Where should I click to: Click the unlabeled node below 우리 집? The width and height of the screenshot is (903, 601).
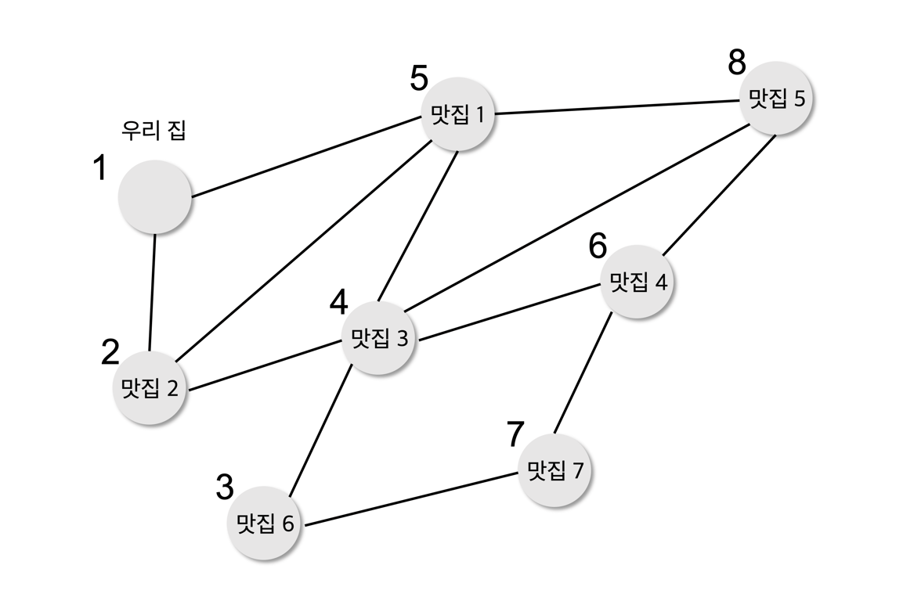coord(155,196)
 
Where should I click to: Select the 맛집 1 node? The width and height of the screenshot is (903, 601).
coord(459,114)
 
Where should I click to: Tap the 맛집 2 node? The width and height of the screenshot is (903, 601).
coord(150,387)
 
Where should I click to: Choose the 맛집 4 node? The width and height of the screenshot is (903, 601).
coord(638,282)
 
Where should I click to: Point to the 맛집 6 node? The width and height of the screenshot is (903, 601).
coord(266,523)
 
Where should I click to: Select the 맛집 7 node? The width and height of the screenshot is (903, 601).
coord(554,470)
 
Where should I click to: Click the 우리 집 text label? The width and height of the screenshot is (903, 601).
coord(154,130)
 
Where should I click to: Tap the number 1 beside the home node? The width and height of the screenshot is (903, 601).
coord(99,167)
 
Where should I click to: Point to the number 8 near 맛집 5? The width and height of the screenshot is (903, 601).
coord(737,63)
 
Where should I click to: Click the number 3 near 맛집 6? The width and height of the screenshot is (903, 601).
coord(225,488)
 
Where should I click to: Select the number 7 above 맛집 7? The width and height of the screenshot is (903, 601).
coord(515,434)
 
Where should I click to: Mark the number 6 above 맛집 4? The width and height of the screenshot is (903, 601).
coord(598,247)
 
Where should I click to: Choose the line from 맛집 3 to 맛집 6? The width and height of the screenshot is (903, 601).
coord(320,434)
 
